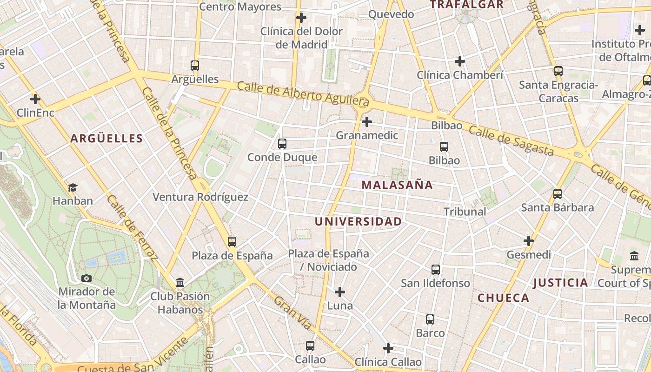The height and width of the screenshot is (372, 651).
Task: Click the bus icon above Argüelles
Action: pos(195,66)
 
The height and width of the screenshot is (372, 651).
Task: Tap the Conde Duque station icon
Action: pos(282,144)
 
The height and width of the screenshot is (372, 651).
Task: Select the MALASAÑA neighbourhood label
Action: pos(397,185)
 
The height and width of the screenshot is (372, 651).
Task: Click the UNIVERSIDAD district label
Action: pos(358,222)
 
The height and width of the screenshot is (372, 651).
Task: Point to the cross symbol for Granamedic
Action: pos(367,122)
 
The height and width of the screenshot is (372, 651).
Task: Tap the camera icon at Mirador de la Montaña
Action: pos(86,279)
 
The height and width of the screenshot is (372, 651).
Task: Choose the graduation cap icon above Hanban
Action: pos(73,187)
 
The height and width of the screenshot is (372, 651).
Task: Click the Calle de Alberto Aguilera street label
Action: pos(303,93)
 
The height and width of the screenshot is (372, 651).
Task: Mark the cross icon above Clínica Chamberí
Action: pos(460,61)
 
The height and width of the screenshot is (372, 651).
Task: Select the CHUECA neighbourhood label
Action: pos(504,298)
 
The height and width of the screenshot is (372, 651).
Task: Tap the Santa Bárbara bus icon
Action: pos(558,194)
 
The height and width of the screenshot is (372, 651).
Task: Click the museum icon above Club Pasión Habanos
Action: pos(180,283)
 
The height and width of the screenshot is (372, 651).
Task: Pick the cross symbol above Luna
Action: pos(340,292)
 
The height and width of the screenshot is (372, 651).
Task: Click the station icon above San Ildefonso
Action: pos(436,270)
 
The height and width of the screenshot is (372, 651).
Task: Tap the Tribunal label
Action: pos(465,212)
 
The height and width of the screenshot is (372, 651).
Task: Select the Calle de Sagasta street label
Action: pos(511,141)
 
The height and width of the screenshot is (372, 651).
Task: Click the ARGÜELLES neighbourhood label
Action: pos(106,139)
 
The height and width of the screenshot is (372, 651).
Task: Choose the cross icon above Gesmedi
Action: pos(529,241)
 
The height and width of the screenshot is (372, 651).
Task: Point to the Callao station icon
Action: pos(310,346)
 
